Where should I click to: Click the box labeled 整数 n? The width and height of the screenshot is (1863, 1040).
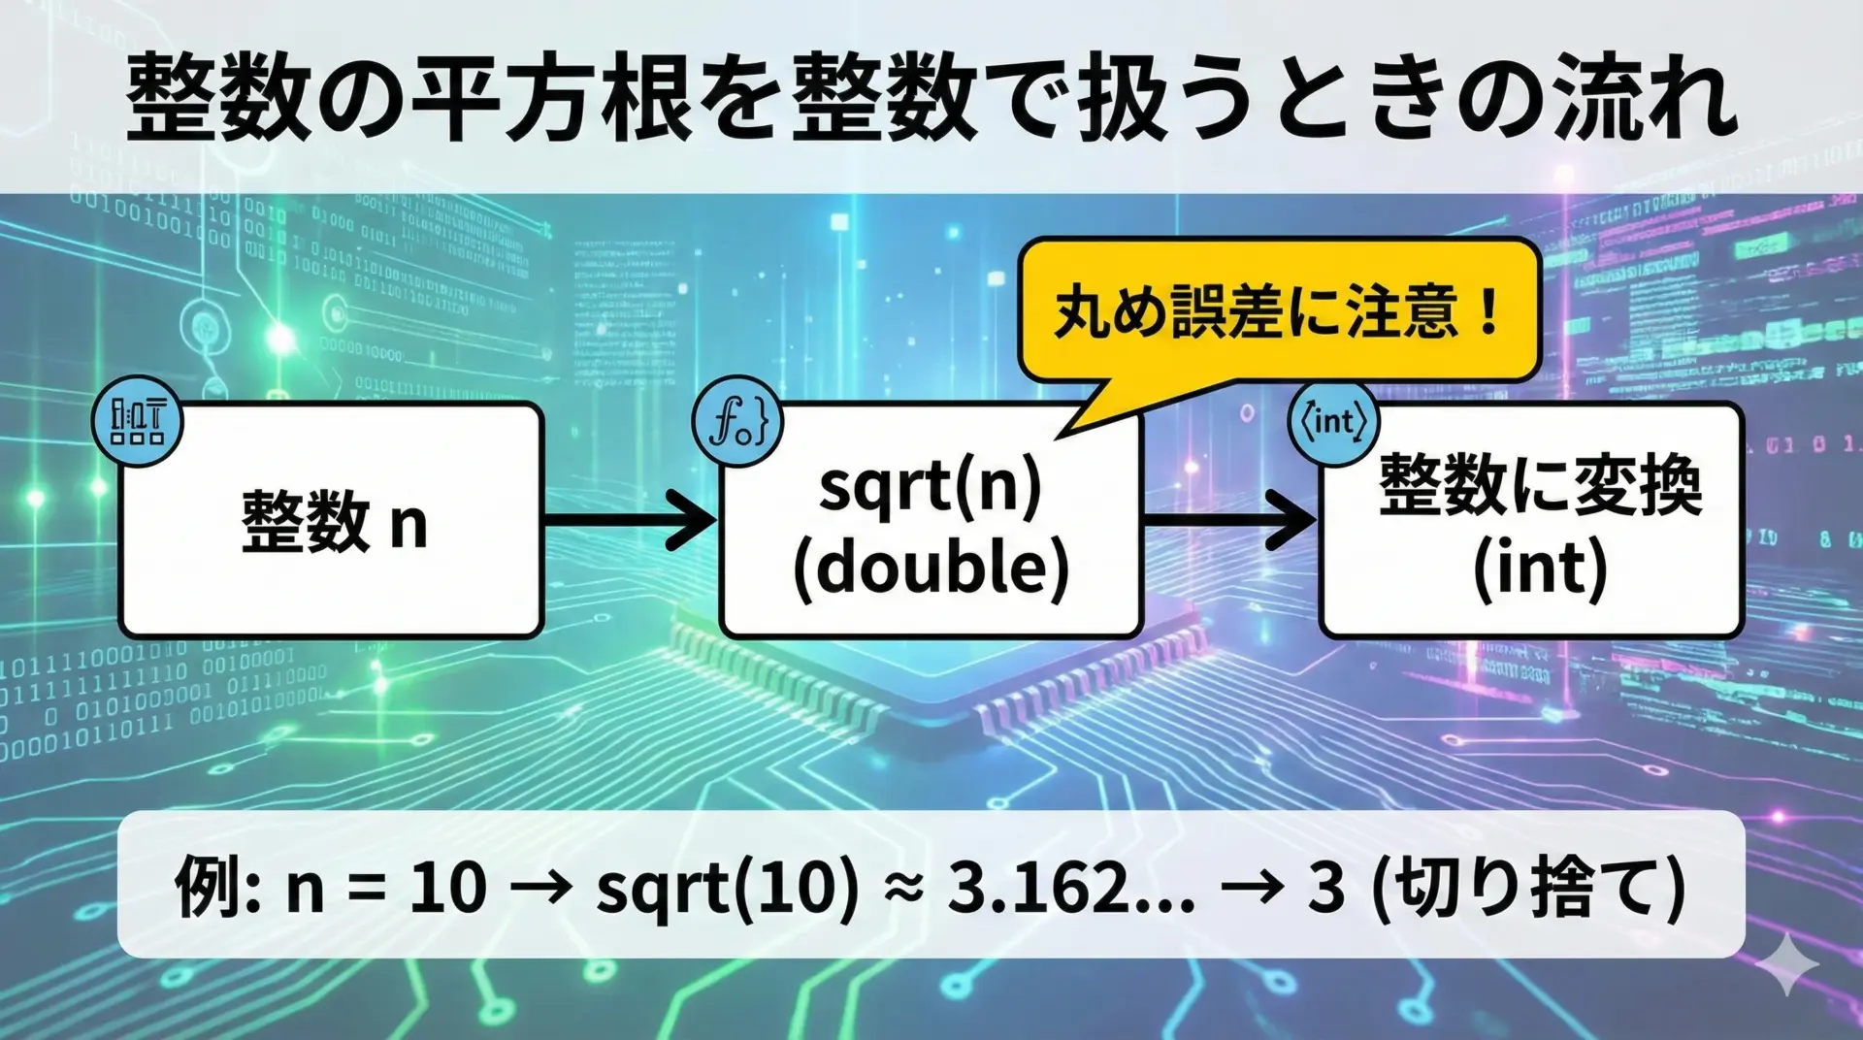pos(331,520)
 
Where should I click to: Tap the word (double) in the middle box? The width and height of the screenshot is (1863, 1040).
pos(931,568)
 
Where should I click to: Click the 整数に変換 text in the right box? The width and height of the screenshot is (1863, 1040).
pos(1540,485)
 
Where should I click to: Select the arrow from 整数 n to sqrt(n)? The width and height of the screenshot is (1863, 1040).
pos(630,520)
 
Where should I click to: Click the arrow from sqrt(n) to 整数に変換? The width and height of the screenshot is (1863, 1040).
pos(1230,520)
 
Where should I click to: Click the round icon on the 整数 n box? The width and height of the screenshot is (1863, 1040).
pos(138,421)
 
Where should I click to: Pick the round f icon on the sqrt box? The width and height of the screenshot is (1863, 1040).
pos(738,422)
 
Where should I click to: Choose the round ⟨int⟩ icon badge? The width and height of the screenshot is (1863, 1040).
pos(1333,421)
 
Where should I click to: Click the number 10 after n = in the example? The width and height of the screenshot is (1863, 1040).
pos(447,887)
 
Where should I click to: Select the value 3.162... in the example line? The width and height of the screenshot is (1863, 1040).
pos(1071,887)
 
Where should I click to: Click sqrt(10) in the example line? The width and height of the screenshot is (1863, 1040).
pos(728,887)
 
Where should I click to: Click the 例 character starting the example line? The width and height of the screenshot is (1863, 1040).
pos(207,887)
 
